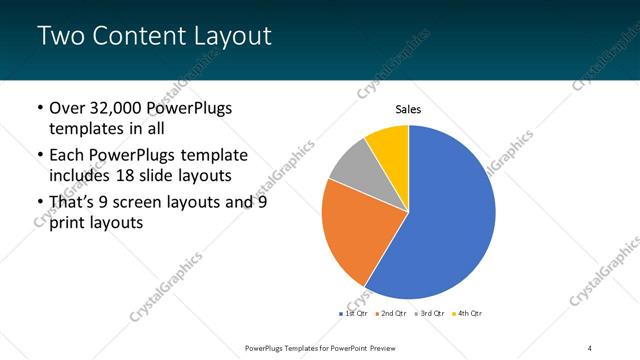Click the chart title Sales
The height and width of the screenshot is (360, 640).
pyautogui.click(x=408, y=109)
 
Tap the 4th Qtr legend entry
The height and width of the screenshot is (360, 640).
pyautogui.click(x=468, y=314)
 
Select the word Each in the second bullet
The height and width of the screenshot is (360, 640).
pyautogui.click(x=67, y=155)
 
